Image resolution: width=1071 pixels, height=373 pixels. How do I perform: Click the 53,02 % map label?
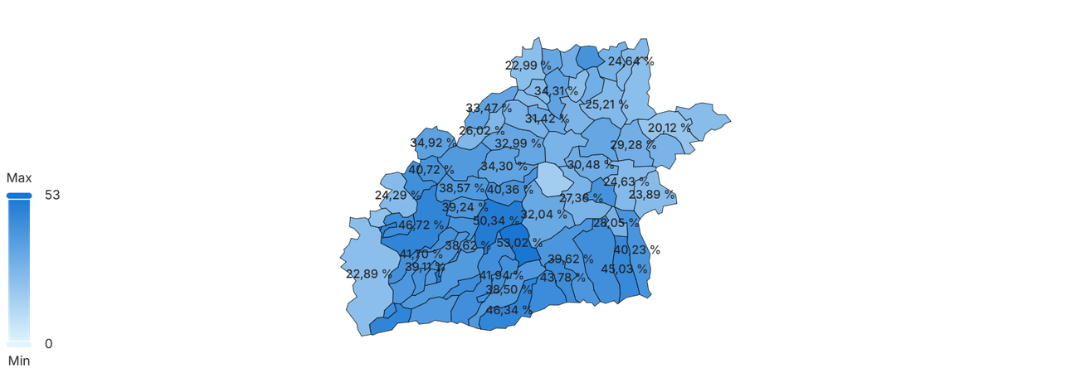pyautogui.click(x=519, y=243)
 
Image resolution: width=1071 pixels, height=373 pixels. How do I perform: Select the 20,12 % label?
pyautogui.click(x=669, y=128)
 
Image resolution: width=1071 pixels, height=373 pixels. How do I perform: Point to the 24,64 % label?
pyautogui.click(x=630, y=61)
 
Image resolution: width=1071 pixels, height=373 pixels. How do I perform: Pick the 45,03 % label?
pyautogui.click(x=624, y=269)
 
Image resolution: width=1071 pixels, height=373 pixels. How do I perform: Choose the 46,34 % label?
pyautogui.click(x=508, y=310)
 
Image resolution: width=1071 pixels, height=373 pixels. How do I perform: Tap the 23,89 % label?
pyautogui.click(x=651, y=195)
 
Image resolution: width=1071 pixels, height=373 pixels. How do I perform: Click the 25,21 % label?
pyautogui.click(x=606, y=104)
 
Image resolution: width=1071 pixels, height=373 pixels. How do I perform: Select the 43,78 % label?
pyautogui.click(x=562, y=277)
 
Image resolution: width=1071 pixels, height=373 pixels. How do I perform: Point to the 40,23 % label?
pyautogui.click(x=637, y=249)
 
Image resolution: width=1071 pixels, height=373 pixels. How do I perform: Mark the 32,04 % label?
pyautogui.click(x=543, y=213)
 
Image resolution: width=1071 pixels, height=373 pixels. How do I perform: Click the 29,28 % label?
pyautogui.click(x=633, y=145)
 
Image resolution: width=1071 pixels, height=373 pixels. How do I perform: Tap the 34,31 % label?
pyautogui.click(x=556, y=90)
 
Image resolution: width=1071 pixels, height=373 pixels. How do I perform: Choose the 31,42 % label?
pyautogui.click(x=546, y=119)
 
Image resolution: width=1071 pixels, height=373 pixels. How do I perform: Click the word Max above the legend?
pyautogui.click(x=19, y=178)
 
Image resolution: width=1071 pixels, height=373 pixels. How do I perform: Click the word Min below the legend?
pyautogui.click(x=18, y=361)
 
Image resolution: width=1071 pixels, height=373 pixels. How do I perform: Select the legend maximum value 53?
pyautogui.click(x=52, y=196)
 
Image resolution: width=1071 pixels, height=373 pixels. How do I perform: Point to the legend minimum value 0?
pyautogui.click(x=48, y=344)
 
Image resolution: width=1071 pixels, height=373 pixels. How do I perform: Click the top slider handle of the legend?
pyautogui.click(x=18, y=196)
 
